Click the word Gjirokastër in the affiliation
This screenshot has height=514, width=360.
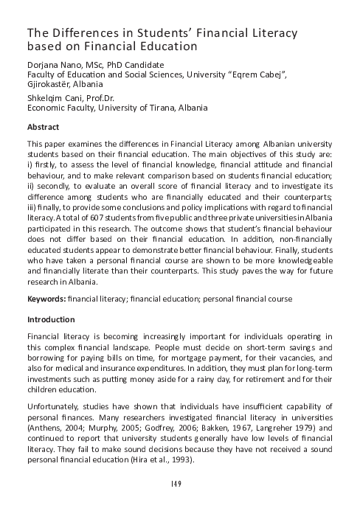(50, 86)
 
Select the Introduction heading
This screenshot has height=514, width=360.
(50, 320)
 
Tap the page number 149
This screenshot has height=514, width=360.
(180, 485)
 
